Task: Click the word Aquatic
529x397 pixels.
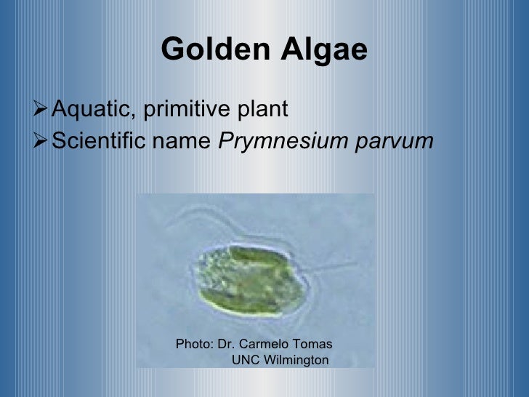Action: (x=91, y=110)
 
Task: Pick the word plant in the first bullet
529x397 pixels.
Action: (x=262, y=110)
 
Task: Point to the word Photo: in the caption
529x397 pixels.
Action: (x=195, y=344)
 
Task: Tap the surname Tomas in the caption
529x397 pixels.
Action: (x=315, y=344)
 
